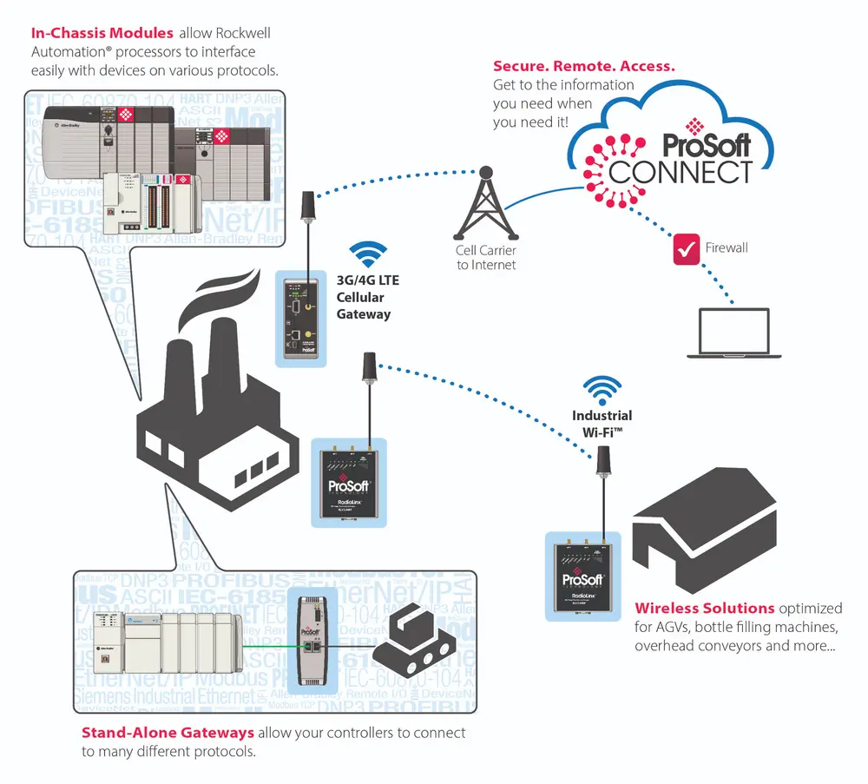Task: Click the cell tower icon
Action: click(485, 203)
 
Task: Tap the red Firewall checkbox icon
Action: click(687, 247)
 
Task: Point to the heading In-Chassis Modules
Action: click(102, 34)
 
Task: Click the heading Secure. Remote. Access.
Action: click(583, 66)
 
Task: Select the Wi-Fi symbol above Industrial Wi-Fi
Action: click(602, 387)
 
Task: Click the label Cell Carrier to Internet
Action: click(486, 258)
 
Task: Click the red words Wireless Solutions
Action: click(704, 608)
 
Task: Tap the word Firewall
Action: click(727, 247)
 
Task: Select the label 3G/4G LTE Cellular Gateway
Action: click(364, 297)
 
